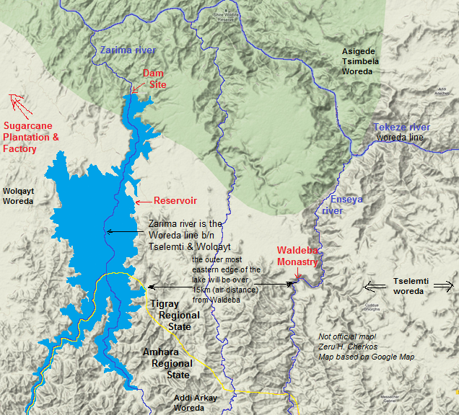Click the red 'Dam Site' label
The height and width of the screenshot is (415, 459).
[154, 79]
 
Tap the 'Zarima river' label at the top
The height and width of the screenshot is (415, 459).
[127, 50]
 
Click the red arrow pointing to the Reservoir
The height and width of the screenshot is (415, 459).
[143, 201]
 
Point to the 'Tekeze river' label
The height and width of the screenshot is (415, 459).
[401, 128]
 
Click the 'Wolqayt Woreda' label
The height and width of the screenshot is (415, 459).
[19, 196]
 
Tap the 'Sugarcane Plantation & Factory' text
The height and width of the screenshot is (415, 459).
[31, 137]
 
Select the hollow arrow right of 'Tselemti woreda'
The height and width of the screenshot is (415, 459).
[442, 285]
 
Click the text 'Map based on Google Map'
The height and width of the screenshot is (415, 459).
[367, 357]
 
